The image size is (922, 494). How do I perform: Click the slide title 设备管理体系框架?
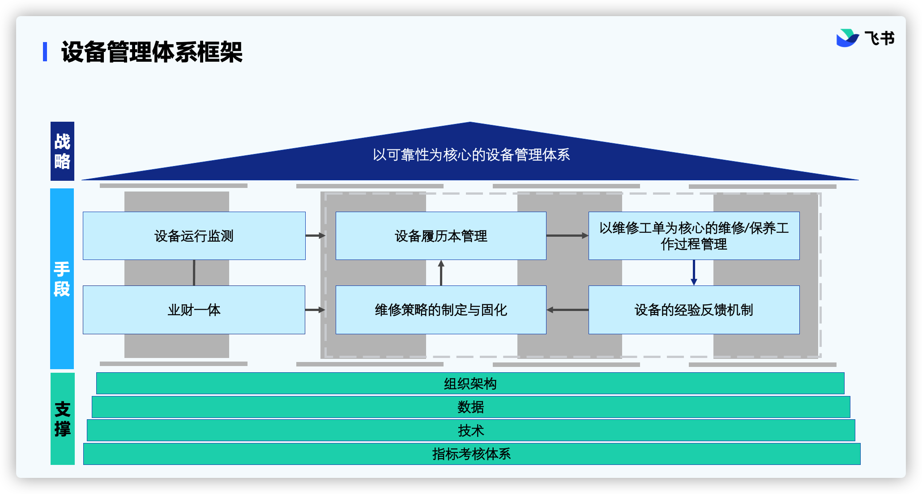point(152,52)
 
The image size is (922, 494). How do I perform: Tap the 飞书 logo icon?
point(847,38)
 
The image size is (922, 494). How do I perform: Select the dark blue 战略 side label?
point(62,151)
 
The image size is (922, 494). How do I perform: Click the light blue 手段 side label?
point(62,279)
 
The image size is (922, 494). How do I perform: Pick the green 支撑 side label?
point(62,419)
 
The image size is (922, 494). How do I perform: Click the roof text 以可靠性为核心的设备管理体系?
point(471,155)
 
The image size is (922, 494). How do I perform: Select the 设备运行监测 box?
point(194,236)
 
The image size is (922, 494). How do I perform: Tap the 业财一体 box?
point(194,310)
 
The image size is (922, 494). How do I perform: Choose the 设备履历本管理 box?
point(441,236)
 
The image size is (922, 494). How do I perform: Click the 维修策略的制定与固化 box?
point(441,310)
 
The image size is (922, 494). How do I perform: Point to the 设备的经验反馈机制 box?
point(694,310)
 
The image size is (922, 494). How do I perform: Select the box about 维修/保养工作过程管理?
point(694,236)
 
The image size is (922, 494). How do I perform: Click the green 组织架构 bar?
point(470,383)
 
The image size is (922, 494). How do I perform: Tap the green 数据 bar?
point(471,407)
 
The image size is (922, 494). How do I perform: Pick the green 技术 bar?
point(471,430)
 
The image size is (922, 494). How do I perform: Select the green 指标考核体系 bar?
point(472,454)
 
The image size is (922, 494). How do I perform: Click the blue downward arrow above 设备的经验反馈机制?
point(694,273)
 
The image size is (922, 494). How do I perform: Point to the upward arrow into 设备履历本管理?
point(441,273)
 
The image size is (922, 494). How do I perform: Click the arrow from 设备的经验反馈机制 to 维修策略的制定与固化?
point(568,310)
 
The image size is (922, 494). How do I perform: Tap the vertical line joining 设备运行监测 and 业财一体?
point(194,273)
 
